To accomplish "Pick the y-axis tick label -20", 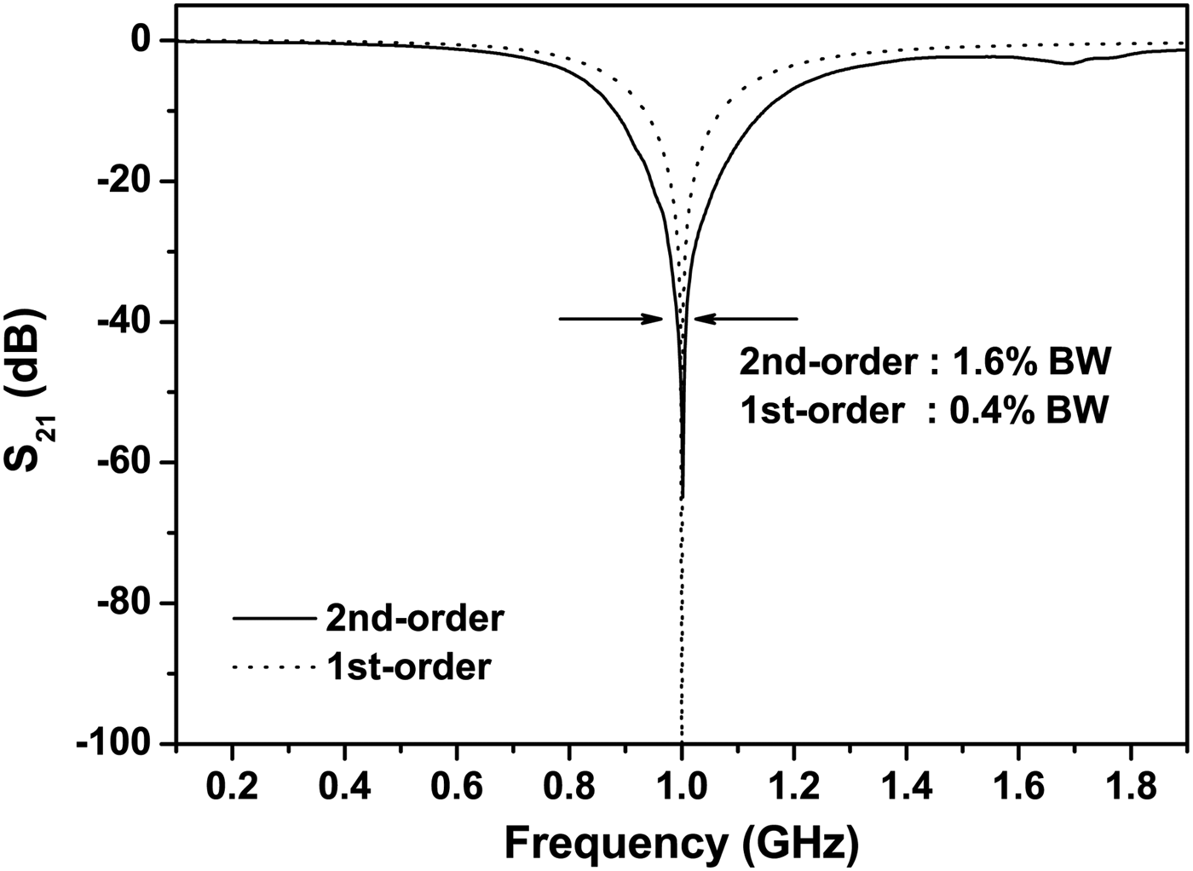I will (127, 182).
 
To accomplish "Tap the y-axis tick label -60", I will (127, 463).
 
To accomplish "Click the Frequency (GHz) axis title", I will (682, 843).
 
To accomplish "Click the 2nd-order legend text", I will (415, 618).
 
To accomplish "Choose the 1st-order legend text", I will (409, 666).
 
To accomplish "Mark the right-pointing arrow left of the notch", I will (610, 320).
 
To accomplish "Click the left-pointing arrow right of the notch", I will (746, 320).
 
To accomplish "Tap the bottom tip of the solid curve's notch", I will (683, 498).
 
